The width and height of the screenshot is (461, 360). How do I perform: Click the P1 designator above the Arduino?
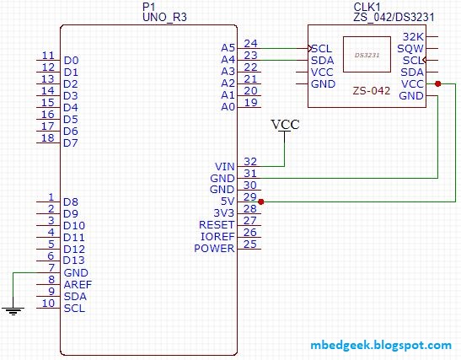(x=149, y=7)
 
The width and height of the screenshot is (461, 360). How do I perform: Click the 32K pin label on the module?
(x=414, y=37)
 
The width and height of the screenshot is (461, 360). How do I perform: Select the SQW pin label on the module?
(x=412, y=49)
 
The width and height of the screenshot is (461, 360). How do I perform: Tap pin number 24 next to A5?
(x=250, y=43)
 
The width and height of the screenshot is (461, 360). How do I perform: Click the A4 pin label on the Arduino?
(x=227, y=59)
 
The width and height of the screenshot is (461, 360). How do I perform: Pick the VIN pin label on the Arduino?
(x=223, y=166)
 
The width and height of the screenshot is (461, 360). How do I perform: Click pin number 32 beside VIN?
(x=250, y=161)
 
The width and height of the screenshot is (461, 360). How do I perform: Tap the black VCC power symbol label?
(x=285, y=125)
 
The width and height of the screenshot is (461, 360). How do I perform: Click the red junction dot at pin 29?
(x=261, y=201)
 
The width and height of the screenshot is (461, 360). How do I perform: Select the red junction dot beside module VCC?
(x=438, y=83)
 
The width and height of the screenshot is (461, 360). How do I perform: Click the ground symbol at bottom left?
(x=13, y=310)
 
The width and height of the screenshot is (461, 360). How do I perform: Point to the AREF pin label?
(x=78, y=284)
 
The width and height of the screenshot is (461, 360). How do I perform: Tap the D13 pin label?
(x=74, y=261)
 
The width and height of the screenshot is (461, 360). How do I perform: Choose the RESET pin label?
(x=217, y=225)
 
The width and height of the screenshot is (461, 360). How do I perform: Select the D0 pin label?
(x=71, y=61)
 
